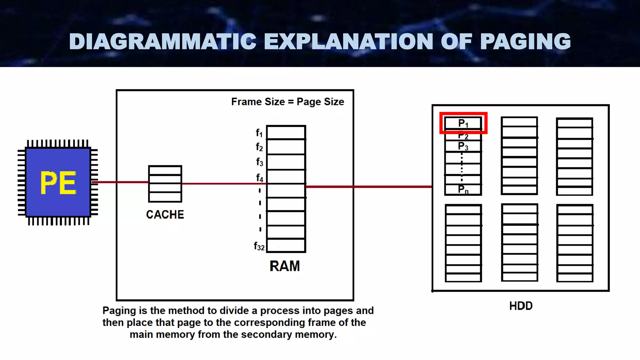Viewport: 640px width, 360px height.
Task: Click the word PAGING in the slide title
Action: click(x=525, y=42)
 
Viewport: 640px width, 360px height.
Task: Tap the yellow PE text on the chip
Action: click(x=58, y=183)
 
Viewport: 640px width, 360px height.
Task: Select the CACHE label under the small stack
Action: click(x=165, y=215)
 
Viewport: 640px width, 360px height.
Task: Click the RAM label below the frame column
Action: click(x=284, y=266)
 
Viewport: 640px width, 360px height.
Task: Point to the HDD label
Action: click(x=521, y=306)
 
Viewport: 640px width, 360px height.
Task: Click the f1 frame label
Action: click(x=259, y=133)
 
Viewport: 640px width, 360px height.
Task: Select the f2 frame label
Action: click(x=259, y=147)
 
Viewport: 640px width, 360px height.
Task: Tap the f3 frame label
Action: click(x=259, y=162)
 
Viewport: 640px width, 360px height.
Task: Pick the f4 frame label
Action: click(x=259, y=178)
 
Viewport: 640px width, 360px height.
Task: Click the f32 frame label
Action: click(x=259, y=246)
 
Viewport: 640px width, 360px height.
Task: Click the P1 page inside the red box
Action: click(x=463, y=123)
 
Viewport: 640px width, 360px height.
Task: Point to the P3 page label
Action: click(x=463, y=146)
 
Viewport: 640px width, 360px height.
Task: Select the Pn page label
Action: click(x=463, y=189)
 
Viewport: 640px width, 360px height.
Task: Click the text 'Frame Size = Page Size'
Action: click(x=287, y=102)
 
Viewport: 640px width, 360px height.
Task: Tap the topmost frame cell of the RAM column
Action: click(x=286, y=132)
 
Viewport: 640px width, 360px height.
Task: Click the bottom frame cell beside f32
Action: click(x=286, y=245)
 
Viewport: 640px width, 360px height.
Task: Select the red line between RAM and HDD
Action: click(x=369, y=187)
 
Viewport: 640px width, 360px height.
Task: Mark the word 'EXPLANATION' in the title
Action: click(x=348, y=42)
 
